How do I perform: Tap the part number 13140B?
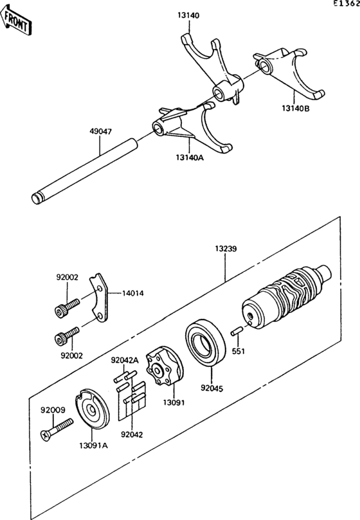[296, 108]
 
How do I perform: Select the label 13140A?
[190, 157]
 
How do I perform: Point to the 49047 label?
[100, 131]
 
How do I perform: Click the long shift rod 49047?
[85, 171]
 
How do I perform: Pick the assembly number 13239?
[226, 248]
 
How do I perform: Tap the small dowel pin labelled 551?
[238, 332]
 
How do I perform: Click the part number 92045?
[212, 388]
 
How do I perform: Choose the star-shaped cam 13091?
[165, 366]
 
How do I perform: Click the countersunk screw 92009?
[57, 430]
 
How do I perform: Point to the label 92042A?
[125, 360]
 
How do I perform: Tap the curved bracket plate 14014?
[98, 298]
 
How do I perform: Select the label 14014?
[132, 293]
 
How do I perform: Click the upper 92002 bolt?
[67, 308]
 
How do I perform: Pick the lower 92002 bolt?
[67, 336]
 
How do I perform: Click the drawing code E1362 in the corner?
[346, 4]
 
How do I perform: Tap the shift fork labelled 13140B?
[289, 71]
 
